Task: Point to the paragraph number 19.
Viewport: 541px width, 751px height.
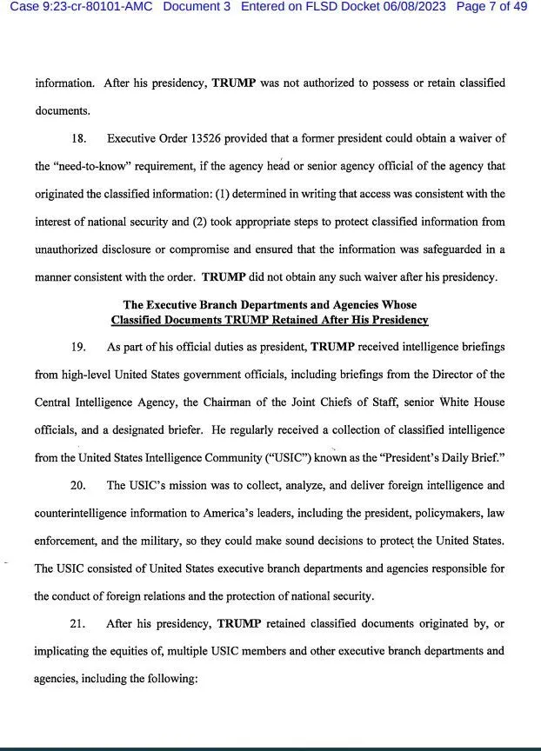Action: (78, 347)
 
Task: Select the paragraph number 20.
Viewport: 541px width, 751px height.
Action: (78, 485)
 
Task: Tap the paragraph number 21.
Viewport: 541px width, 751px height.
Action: (78, 623)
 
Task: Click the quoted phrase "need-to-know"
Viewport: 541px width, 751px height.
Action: (97, 166)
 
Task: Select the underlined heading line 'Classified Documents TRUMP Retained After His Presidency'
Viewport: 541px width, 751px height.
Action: (270, 319)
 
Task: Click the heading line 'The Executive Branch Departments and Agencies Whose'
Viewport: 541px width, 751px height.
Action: (270, 305)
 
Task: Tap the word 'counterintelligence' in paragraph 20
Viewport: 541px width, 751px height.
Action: (85, 513)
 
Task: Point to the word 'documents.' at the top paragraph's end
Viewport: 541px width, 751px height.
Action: (63, 111)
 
